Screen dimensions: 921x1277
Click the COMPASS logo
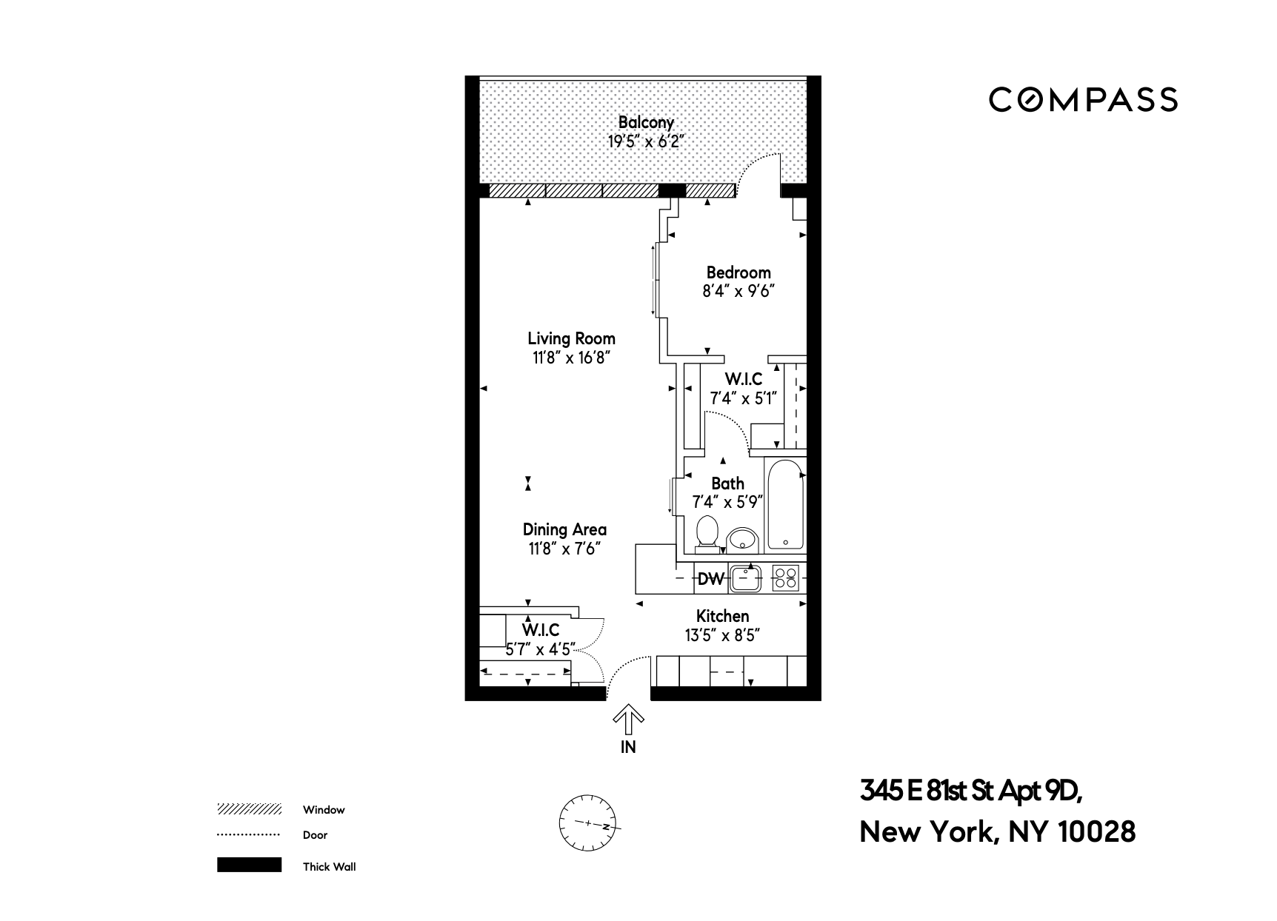[x=1083, y=100]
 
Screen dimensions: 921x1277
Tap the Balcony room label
[x=646, y=122]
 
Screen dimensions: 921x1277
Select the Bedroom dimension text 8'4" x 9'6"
[x=738, y=292]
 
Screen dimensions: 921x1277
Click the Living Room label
[x=571, y=338]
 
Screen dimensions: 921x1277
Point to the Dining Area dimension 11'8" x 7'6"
[x=564, y=549]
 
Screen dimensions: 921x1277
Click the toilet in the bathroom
[x=708, y=532]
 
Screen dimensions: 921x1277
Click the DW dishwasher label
[x=710, y=579]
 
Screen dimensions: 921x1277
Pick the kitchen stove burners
[x=785, y=577]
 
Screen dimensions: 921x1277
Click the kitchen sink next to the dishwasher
[x=746, y=578]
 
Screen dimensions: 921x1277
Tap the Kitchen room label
[x=722, y=616]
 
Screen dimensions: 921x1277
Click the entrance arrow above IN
[x=628, y=717]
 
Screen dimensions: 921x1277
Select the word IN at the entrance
[x=628, y=747]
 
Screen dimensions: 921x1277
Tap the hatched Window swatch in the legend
[x=249, y=809]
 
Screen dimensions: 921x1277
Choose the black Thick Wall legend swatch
[x=249, y=865]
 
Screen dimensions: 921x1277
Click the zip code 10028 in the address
[x=1096, y=832]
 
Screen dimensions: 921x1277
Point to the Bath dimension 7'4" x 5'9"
[x=727, y=503]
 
